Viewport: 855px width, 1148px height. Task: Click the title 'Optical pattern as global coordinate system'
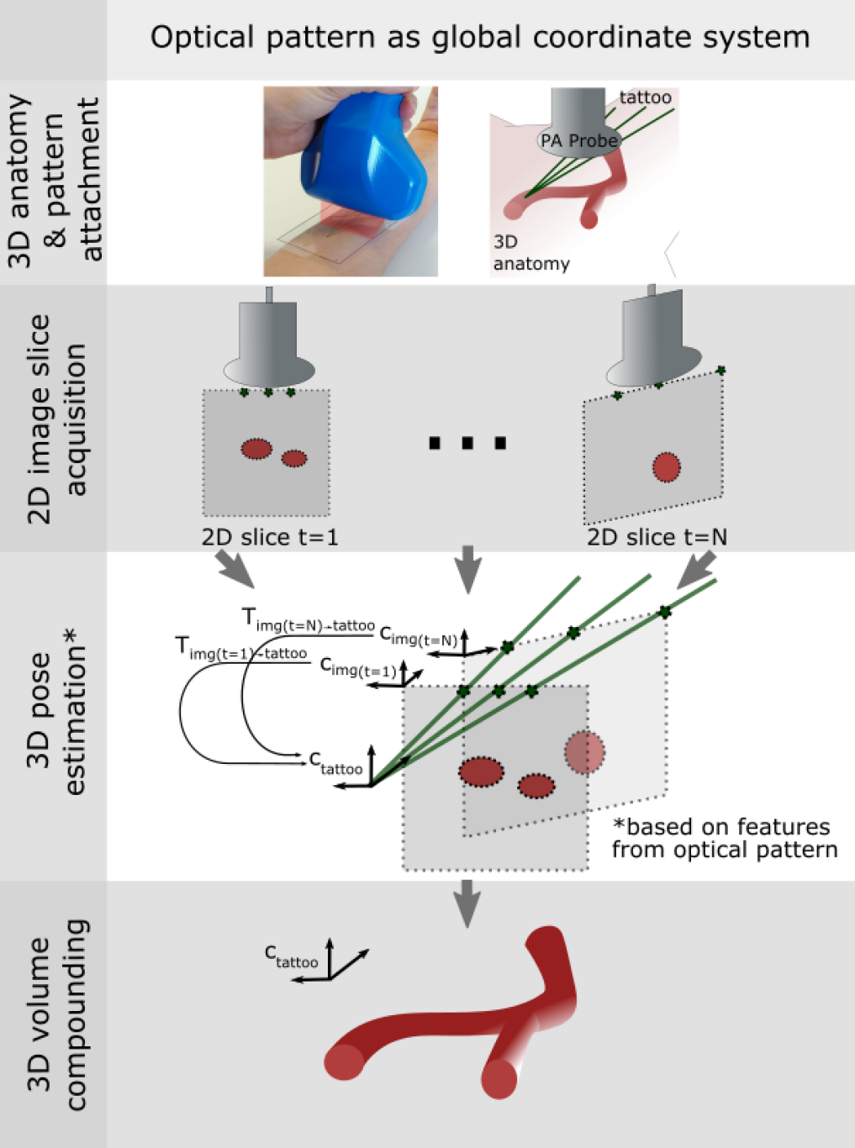tap(479, 38)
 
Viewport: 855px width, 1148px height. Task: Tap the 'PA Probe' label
tap(579, 140)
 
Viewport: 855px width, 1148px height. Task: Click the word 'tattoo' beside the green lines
tap(646, 97)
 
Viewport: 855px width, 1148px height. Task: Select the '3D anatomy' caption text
tap(531, 253)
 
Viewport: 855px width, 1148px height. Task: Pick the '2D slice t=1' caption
tap(270, 537)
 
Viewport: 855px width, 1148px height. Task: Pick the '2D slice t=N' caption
tap(657, 537)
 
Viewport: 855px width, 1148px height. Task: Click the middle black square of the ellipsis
tap(467, 443)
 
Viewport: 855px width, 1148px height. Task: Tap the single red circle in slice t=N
tap(666, 467)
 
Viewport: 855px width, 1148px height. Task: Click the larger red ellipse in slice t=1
tap(256, 448)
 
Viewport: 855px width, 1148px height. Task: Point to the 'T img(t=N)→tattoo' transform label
tap(309, 620)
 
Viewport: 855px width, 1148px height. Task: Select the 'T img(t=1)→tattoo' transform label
tap(241, 649)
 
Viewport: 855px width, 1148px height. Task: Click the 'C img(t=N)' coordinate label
tap(419, 637)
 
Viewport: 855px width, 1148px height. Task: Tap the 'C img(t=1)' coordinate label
tap(358, 667)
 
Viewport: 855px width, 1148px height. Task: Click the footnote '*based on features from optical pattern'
tap(724, 838)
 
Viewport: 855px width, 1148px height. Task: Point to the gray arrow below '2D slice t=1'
tap(235, 570)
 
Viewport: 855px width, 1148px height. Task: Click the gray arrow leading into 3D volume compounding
tap(467, 903)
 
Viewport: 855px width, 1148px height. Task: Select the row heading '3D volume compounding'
tap(57, 1014)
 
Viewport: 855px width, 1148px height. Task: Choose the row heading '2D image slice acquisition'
tap(56, 419)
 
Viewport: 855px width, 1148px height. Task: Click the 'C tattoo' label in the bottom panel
tap(291, 956)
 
